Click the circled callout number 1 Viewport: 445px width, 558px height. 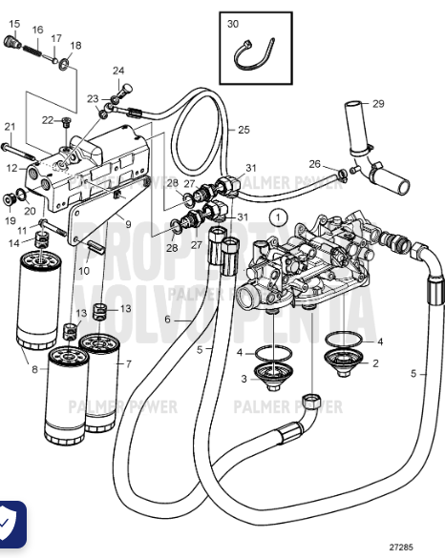(x=278, y=217)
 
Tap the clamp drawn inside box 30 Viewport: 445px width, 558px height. (x=256, y=58)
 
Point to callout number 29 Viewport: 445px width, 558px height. (x=378, y=103)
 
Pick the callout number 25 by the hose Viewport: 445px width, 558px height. (x=244, y=130)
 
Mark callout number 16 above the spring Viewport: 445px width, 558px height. (x=37, y=31)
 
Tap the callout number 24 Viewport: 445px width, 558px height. (x=118, y=71)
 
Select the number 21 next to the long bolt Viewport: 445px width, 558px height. (x=11, y=127)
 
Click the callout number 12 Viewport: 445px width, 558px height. (x=11, y=168)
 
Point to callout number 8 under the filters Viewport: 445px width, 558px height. (x=36, y=368)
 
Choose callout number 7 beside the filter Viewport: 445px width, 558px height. (x=131, y=363)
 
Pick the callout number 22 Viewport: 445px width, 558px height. (x=48, y=119)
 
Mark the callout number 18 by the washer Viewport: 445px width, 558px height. (x=76, y=45)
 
